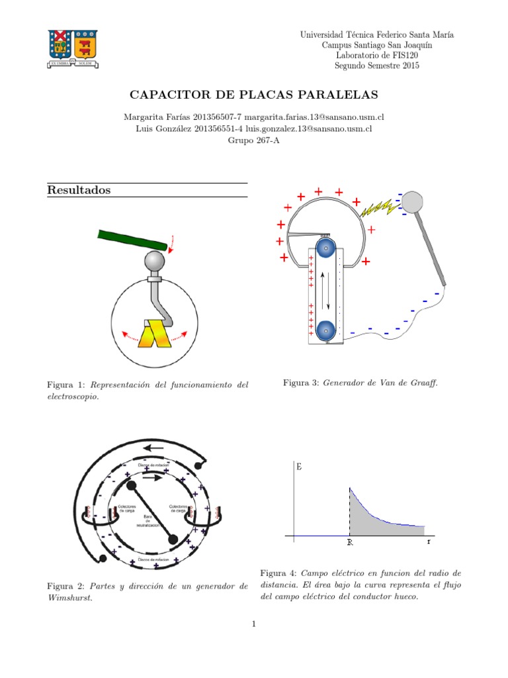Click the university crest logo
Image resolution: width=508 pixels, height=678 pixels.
click(x=73, y=48)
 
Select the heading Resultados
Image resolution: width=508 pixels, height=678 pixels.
click(x=79, y=190)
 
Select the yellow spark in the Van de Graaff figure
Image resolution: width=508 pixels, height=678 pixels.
click(x=381, y=209)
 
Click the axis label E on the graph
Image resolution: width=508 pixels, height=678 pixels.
click(x=300, y=467)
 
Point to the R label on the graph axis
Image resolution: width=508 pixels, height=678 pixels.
click(x=349, y=542)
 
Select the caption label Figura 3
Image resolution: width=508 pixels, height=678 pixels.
click(x=300, y=383)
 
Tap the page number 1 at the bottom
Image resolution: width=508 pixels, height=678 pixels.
click(x=253, y=624)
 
